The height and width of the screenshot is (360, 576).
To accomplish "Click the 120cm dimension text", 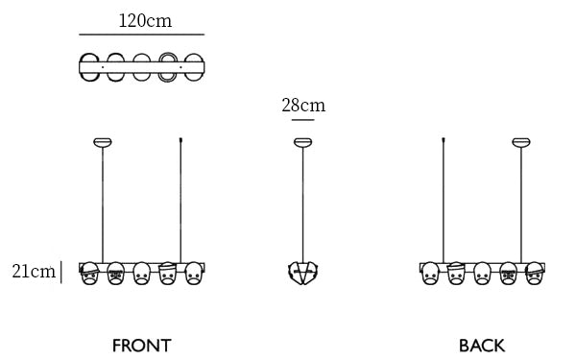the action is point(145,20).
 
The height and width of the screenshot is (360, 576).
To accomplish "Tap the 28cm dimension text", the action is point(303,106).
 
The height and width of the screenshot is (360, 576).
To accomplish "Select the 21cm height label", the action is point(34,272).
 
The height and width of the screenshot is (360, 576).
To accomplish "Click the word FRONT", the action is point(142,346).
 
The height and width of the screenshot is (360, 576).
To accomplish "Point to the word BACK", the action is point(482,346).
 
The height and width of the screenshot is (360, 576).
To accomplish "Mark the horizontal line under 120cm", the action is point(142,35).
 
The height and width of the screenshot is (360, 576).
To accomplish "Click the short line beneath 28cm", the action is point(303,120).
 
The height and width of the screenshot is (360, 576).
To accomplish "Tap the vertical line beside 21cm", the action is point(61,273).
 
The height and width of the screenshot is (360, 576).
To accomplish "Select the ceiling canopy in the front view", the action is point(103,142).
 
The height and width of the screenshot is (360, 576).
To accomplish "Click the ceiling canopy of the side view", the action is point(303,142).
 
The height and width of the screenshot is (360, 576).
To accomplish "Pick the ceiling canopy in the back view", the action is point(521,142).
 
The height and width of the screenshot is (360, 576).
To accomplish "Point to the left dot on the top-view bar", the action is point(103,67).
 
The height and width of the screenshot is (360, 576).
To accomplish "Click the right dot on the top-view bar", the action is point(180,67).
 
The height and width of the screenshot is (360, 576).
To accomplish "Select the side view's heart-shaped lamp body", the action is point(303,274).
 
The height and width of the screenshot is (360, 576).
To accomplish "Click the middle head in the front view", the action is point(142,274).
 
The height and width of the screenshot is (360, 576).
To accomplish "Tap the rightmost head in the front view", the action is point(194,274).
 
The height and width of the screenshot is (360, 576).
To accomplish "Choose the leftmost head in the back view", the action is point(430,274).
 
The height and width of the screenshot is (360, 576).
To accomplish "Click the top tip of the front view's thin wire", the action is point(180,138).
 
